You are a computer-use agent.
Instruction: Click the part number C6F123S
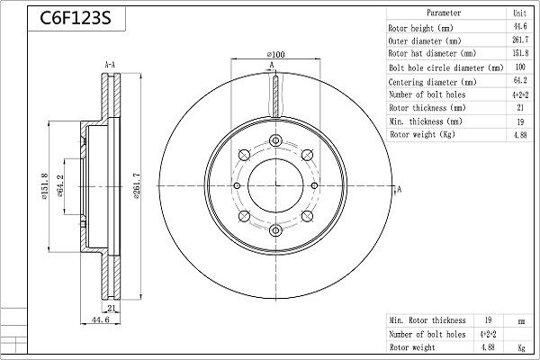68,18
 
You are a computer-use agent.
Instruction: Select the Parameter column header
444,14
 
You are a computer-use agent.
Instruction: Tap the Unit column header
519,14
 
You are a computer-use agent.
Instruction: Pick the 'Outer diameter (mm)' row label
425,40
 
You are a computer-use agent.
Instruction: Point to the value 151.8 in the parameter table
519,54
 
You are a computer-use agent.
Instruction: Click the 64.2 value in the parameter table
519,81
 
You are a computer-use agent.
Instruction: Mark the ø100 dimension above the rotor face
275,56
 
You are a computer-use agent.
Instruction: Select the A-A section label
109,66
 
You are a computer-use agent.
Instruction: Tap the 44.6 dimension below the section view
100,319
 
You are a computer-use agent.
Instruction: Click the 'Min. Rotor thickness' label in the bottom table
427,320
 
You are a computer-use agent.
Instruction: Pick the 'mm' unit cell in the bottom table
519,320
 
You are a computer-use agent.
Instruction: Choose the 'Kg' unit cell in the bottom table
519,346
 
